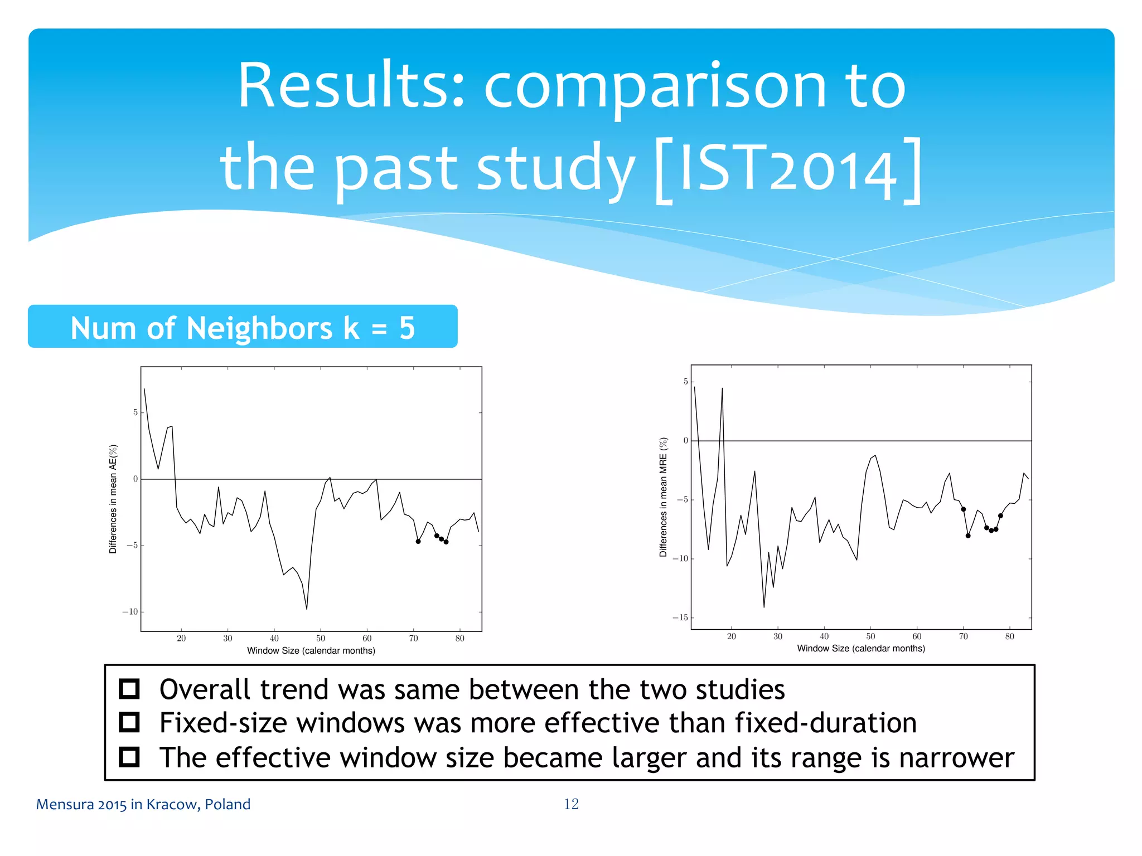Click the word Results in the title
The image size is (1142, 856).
[350, 86]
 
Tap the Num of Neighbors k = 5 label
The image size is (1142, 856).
[243, 327]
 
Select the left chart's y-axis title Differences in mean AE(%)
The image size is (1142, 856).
[113, 499]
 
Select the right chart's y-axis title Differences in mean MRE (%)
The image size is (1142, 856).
[663, 497]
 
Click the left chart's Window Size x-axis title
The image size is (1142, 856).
[311, 650]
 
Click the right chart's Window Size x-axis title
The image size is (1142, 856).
[861, 648]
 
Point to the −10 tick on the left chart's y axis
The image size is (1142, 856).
[130, 612]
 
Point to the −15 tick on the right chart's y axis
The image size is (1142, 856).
[680, 617]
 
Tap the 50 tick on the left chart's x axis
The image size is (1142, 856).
[321, 639]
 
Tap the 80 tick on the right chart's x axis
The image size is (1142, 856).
[1009, 636]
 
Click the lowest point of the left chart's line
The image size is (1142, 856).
[307, 609]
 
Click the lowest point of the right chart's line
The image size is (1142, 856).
[764, 607]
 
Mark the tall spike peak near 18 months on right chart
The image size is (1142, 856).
[722, 388]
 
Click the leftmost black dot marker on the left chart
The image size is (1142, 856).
[418, 541]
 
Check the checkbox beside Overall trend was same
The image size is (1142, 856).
[129, 689]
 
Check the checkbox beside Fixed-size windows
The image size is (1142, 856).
[129, 723]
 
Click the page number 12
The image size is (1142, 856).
[571, 804]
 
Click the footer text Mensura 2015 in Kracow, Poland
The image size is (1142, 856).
[143, 804]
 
